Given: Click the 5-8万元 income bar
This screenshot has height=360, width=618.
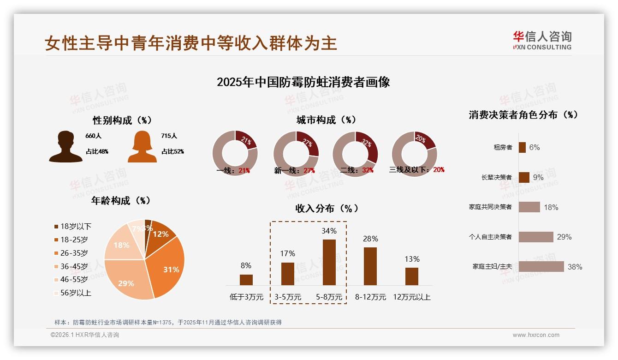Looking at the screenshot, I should [x=329, y=262].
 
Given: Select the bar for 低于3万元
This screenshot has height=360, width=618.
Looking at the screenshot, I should [x=246, y=280].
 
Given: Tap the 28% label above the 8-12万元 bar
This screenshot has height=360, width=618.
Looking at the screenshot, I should [x=370, y=239].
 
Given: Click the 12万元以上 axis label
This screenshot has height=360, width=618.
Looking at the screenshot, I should [x=411, y=297].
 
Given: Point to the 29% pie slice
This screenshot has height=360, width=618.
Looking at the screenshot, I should [x=127, y=282].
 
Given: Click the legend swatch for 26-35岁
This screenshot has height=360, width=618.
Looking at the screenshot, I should [x=56, y=253].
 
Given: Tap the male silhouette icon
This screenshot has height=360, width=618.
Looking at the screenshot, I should [x=65, y=147].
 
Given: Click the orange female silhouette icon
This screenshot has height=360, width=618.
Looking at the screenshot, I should [x=142, y=147].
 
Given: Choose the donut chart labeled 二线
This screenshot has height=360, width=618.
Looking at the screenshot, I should [x=355, y=154].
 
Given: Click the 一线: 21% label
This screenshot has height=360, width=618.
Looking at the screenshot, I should [x=233, y=170].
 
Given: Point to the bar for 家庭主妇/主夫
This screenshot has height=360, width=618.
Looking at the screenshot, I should [x=541, y=266].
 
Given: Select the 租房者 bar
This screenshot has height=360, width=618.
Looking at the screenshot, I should [x=522, y=147].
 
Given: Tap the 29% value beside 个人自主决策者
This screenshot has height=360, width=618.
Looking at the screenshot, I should [x=564, y=237].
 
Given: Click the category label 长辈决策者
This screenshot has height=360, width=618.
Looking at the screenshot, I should [x=496, y=177].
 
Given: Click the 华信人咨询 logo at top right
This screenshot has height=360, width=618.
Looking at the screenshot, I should [x=542, y=40].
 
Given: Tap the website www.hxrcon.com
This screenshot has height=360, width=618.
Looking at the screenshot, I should [x=536, y=335].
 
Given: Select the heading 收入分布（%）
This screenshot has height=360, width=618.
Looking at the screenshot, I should [x=327, y=208].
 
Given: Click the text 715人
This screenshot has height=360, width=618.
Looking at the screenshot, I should [x=169, y=136].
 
